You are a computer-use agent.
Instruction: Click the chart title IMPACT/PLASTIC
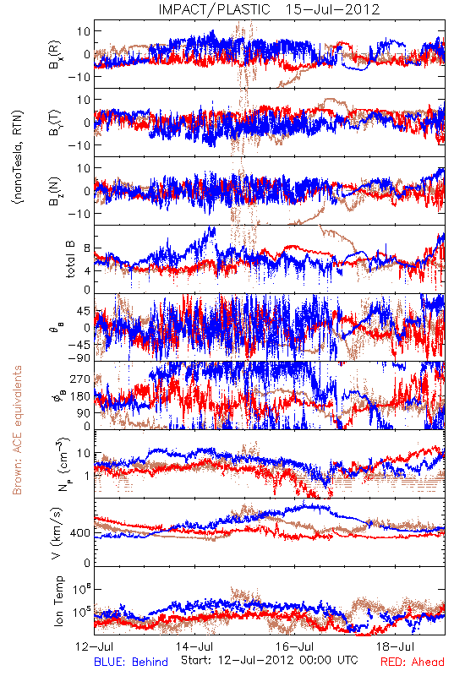click(x=214, y=9)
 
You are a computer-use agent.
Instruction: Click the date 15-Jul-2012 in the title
click(x=332, y=9)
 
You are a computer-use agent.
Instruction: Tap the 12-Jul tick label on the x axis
click(x=94, y=646)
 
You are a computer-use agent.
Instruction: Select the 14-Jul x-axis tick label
click(x=194, y=646)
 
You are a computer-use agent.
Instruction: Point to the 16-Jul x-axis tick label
click(x=294, y=646)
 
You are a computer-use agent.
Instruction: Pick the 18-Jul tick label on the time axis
click(x=395, y=646)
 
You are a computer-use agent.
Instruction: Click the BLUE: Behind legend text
click(x=131, y=662)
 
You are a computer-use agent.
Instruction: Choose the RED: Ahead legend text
click(x=412, y=662)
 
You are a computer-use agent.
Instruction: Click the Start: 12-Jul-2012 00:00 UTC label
click(x=269, y=660)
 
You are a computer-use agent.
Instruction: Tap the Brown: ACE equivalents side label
click(x=17, y=430)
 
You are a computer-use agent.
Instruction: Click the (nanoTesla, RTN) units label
click(x=18, y=156)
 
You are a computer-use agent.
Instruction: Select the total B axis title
click(x=70, y=259)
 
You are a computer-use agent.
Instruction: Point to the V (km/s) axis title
click(x=57, y=533)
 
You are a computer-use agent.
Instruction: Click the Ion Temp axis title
click(x=58, y=601)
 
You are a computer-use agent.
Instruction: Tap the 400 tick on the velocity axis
click(x=80, y=533)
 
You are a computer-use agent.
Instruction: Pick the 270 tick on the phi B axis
click(x=80, y=379)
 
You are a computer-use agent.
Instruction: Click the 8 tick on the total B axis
click(x=88, y=248)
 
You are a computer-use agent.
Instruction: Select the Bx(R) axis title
click(x=55, y=55)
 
